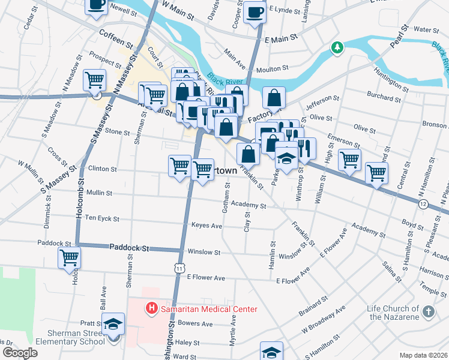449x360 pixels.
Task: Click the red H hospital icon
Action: click(x=152, y=309)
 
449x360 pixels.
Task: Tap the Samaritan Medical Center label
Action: click(x=208, y=309)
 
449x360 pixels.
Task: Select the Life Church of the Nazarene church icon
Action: click(x=428, y=311)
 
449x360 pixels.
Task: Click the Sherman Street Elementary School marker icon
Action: click(x=112, y=325)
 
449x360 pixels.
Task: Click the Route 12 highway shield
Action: click(x=424, y=205)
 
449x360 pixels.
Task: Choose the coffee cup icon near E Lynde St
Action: click(x=255, y=13)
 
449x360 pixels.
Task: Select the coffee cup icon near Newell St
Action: click(x=96, y=5)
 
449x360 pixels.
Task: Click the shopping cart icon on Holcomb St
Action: click(x=70, y=258)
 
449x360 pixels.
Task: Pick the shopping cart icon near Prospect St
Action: click(x=94, y=80)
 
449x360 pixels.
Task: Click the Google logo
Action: click(x=20, y=353)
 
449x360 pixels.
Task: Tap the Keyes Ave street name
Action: click(x=206, y=226)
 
